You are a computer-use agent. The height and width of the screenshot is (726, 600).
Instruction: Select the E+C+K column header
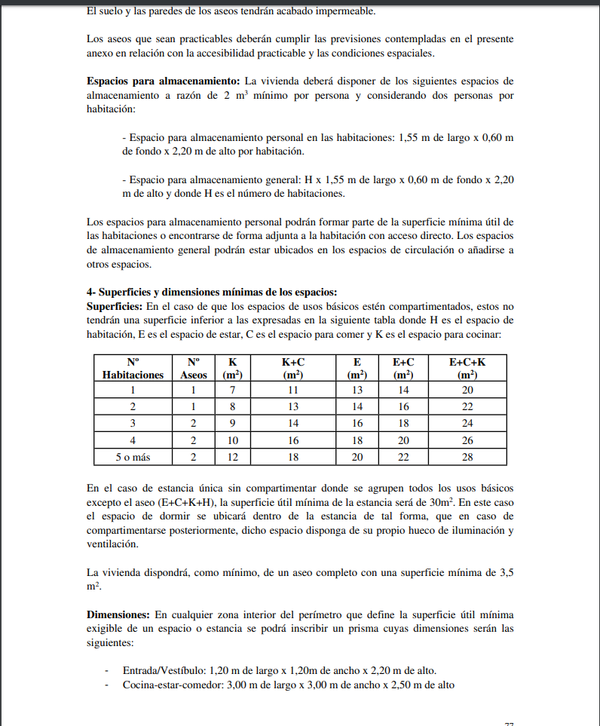pos(467,368)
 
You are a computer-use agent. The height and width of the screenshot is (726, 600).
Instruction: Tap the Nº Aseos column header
pos(193,368)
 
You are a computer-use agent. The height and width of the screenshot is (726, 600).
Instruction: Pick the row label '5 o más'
pos(133,457)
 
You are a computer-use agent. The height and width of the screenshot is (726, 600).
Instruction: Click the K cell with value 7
pos(233,391)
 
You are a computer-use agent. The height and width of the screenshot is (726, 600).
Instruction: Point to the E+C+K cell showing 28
pos(467,457)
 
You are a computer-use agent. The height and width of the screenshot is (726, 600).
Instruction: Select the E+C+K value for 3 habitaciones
pos(467,424)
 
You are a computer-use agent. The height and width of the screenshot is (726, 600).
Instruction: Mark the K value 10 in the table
pos(233,440)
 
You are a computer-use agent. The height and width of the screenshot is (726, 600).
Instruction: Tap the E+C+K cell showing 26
pos(467,440)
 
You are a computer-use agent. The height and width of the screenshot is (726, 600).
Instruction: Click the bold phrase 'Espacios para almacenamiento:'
pos(163,81)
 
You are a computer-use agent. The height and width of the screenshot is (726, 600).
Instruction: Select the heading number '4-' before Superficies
pos(91,293)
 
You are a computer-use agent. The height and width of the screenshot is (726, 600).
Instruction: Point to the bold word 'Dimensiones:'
pos(119,615)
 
